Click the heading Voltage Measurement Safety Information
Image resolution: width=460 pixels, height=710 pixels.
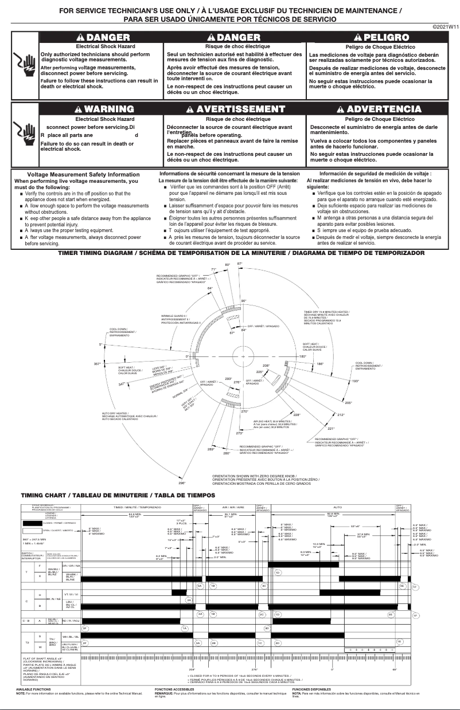[84, 174]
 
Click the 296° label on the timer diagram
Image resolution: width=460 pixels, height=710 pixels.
[182, 483]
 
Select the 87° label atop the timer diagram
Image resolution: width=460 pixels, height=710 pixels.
[240, 264]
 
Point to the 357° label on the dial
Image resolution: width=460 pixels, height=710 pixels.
[97, 364]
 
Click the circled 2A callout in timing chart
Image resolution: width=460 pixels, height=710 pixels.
[188, 599]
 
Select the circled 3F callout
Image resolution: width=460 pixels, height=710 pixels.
[85, 628]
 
